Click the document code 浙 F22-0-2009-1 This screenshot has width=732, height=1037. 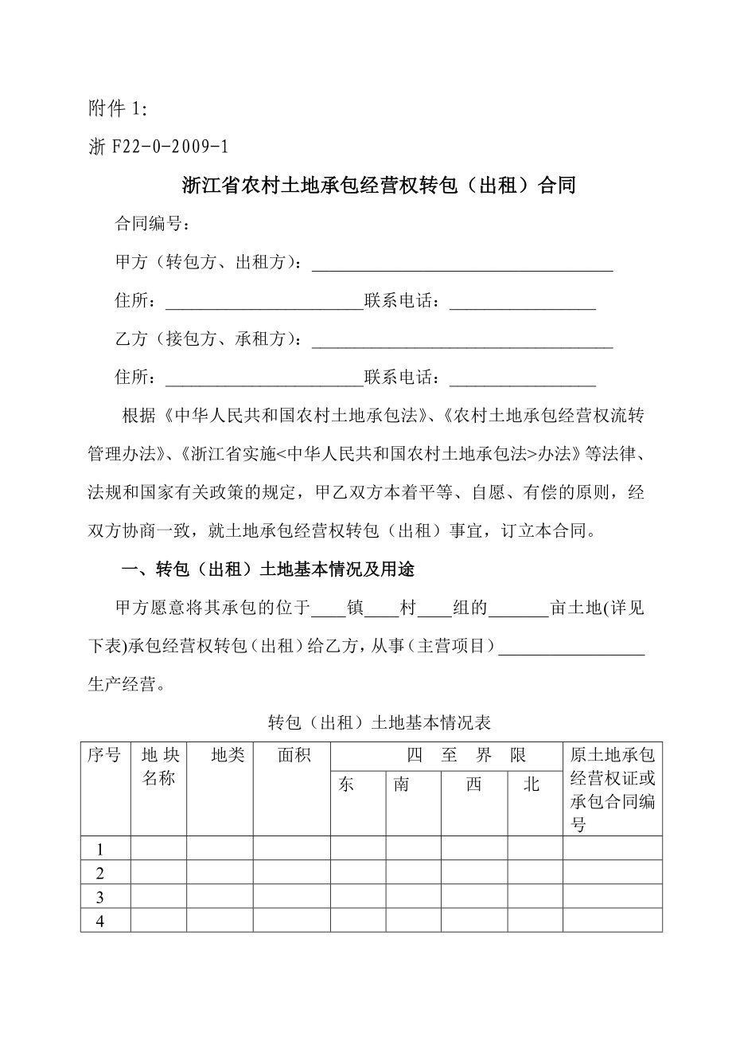click(158, 147)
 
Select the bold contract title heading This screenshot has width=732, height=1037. click(379, 186)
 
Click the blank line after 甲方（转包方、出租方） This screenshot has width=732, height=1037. click(461, 264)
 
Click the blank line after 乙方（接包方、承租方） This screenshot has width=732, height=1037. click(461, 340)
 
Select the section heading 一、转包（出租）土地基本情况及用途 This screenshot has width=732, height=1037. click(267, 569)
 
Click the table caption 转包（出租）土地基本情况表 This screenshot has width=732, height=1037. click(380, 722)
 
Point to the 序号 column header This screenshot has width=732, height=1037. click(104, 756)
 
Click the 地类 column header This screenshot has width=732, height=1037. click(228, 756)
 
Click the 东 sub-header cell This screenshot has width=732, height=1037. click(346, 785)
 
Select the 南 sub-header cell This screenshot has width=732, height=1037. click(402, 785)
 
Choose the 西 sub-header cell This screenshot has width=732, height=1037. click(473, 785)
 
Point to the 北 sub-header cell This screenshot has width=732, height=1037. click(531, 785)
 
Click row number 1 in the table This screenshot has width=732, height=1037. click(100, 849)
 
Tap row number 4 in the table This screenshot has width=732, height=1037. click(100, 921)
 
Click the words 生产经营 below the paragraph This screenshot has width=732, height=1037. click(120, 684)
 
